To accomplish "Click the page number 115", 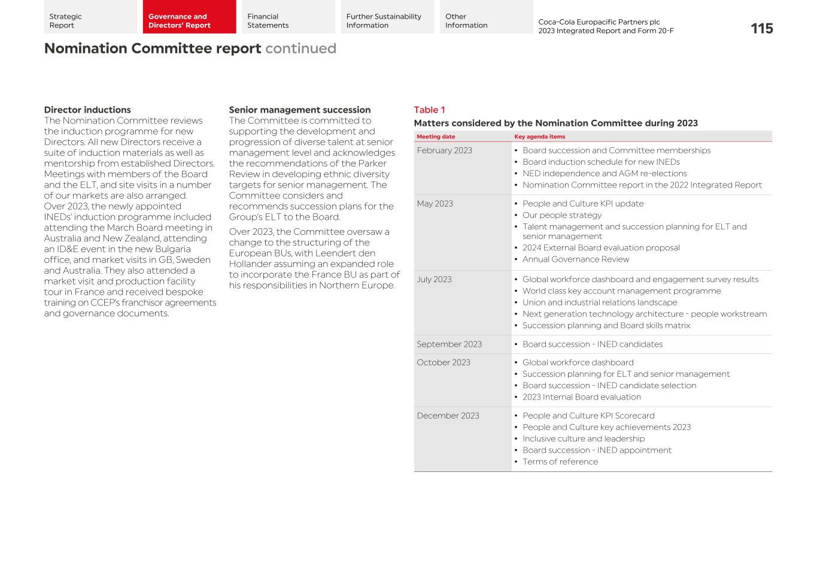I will [761, 29].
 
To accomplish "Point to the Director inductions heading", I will [87, 110].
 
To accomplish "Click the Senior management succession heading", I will [299, 110].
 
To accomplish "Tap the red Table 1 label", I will [429, 110].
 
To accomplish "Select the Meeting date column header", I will [436, 137].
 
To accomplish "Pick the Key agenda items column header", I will [539, 137].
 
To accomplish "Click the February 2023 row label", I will [444, 150].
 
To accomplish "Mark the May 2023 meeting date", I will [435, 204].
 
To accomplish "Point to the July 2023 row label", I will [434, 279].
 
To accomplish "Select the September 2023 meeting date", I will [449, 344].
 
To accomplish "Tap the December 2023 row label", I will [448, 416].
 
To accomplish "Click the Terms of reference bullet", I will [560, 462].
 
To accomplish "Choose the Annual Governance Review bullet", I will [575, 259].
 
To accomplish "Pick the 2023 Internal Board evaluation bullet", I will [581, 397].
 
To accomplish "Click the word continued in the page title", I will [300, 49].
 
